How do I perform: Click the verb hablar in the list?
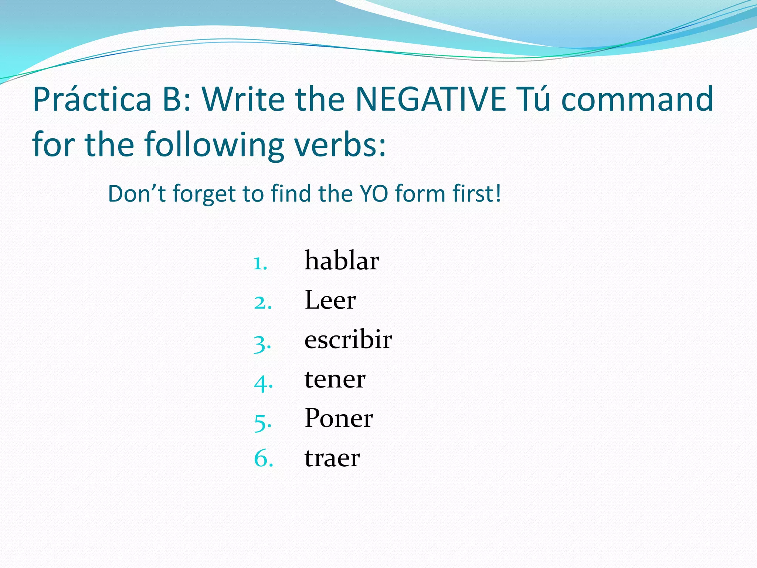342,261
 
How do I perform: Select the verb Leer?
330,300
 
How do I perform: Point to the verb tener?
335,379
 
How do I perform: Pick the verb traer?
332,458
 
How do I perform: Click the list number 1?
260,264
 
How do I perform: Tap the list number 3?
262,344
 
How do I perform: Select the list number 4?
263,383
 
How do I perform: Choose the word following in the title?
214,145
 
